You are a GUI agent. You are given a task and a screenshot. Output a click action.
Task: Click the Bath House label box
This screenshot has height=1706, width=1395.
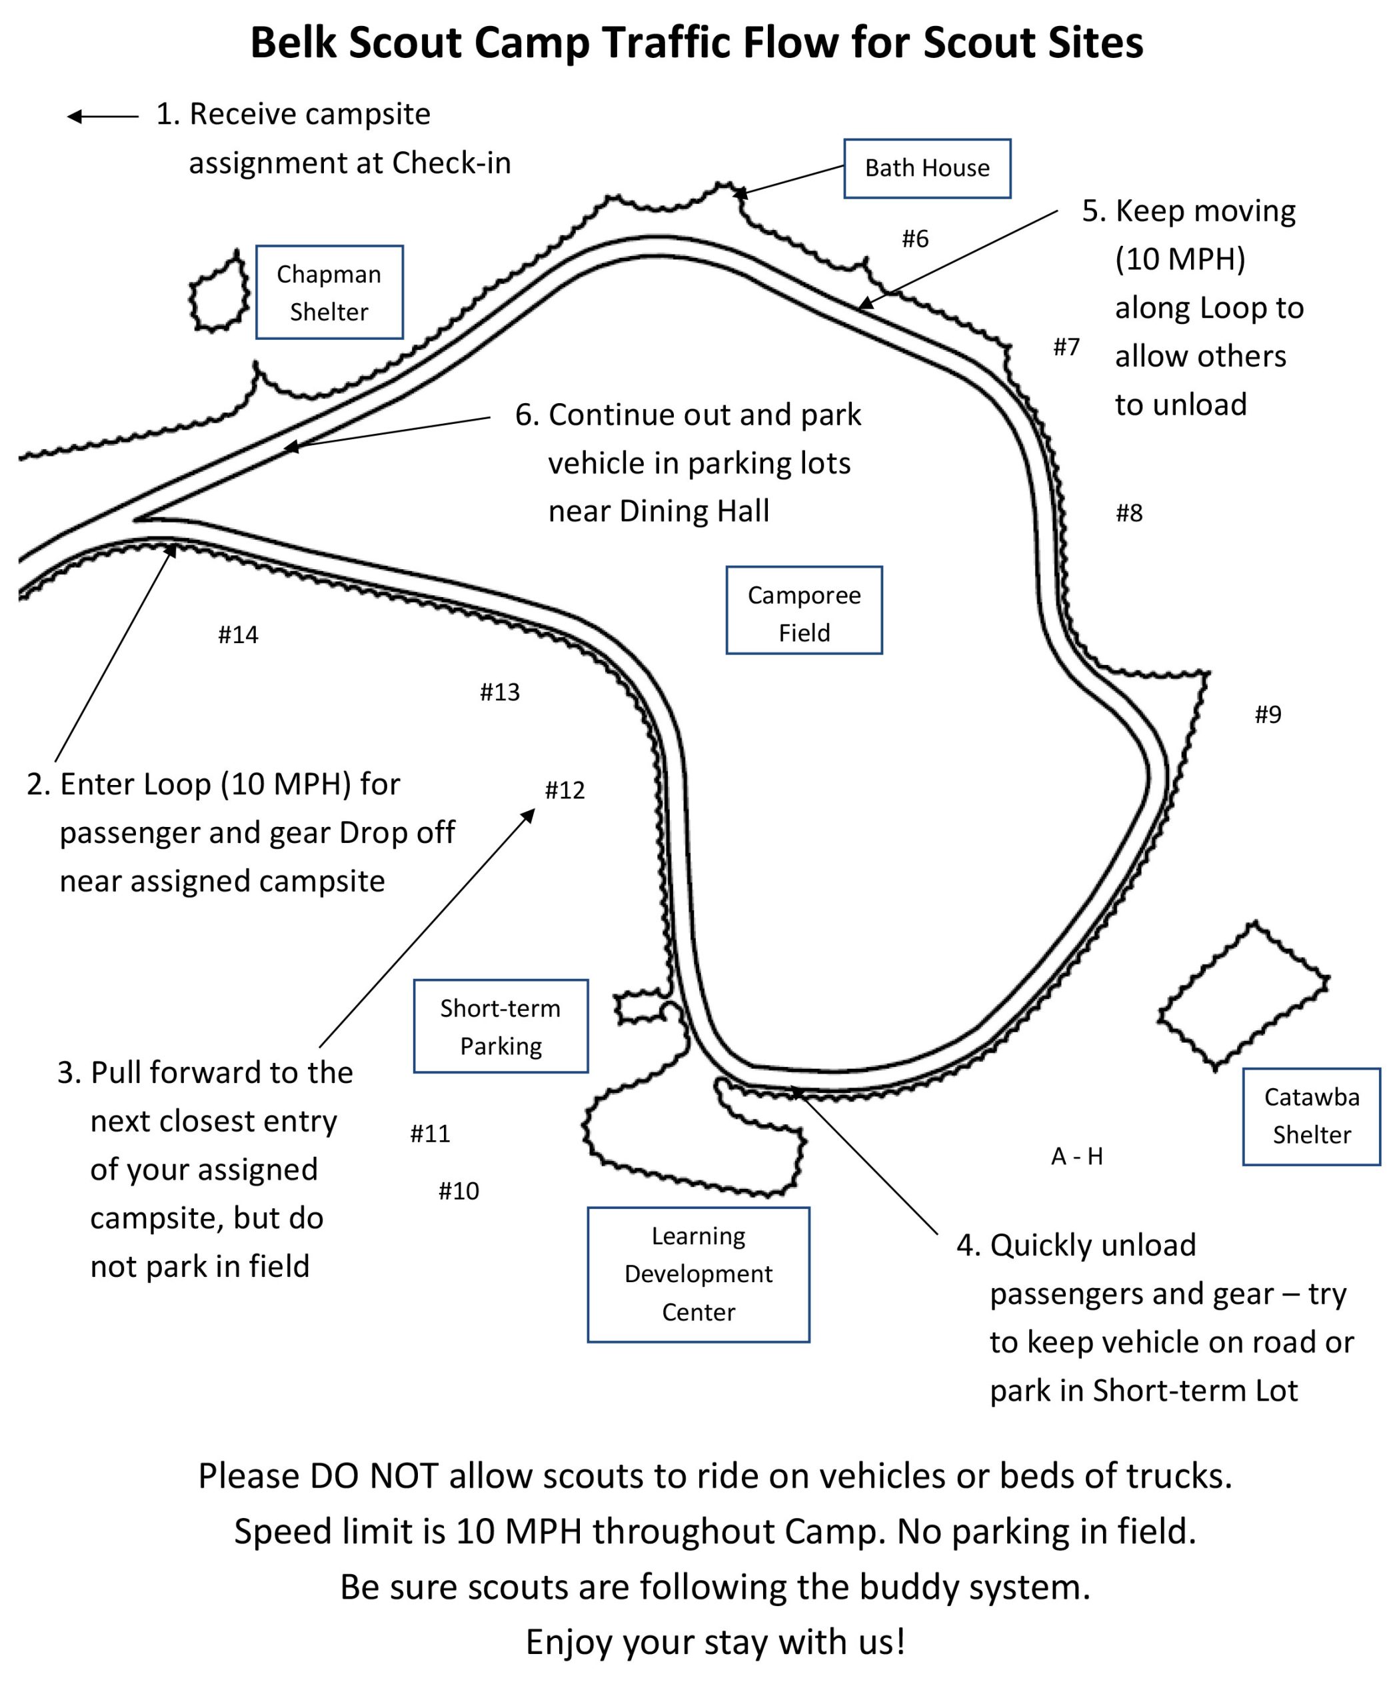926,168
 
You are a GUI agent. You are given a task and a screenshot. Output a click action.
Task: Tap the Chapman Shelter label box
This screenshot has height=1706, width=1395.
329,292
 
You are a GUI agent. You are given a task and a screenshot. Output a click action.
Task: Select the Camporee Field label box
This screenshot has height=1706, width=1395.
804,610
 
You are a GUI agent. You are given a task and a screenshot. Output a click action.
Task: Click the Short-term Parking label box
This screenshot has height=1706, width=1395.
501,1026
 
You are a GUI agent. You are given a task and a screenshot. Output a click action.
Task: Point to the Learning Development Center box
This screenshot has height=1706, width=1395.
698,1274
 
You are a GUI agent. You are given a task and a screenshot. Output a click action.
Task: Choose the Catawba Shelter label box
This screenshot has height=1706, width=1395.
1312,1116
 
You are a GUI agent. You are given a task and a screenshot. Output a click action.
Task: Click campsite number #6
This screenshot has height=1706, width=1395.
914,239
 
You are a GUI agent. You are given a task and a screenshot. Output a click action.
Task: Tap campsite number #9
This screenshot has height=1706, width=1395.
1268,714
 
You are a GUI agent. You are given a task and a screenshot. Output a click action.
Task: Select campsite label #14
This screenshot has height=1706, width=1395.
238,635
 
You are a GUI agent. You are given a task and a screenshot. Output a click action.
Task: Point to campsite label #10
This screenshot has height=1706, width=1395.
459,1191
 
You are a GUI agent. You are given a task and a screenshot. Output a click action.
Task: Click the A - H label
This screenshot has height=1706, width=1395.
1077,1156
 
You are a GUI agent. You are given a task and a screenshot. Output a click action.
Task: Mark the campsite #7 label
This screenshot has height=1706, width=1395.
1066,347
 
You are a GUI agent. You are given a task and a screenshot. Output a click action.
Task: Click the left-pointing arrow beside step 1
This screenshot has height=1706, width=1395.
103,117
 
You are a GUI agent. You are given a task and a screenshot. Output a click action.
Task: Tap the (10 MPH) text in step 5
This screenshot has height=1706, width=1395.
1180,259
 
